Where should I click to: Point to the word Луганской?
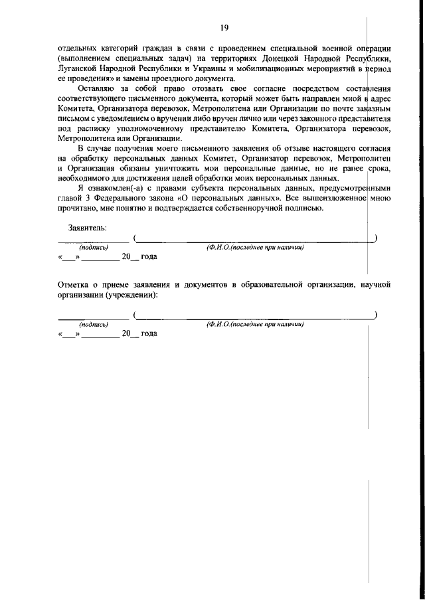80,68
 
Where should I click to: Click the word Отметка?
75,285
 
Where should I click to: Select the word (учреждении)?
129,294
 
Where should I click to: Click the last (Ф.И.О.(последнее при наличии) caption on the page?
255,325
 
